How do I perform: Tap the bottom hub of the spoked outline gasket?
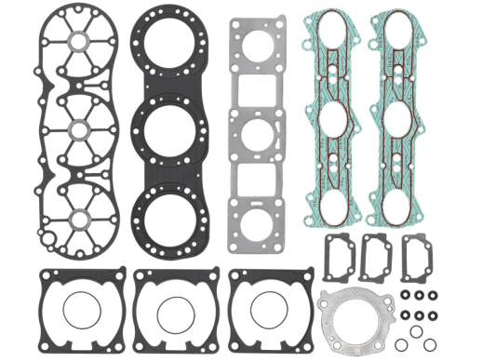pyautogui.click(x=80, y=218)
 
